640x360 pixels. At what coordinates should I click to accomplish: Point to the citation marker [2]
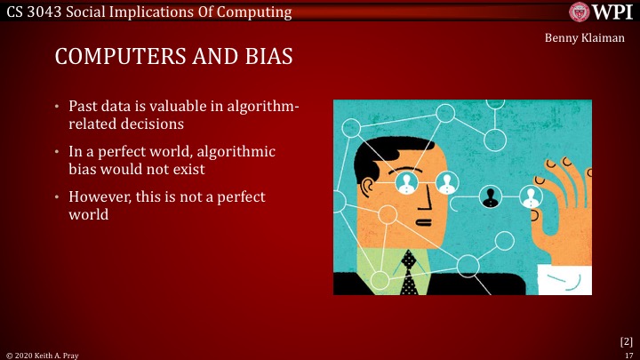pos(626,340)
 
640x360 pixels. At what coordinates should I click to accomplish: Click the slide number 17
pos(628,354)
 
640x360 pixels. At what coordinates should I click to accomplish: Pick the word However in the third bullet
pos(99,196)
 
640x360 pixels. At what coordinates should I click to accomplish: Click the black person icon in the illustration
pos(490,196)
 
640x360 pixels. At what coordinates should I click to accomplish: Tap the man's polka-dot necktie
pos(409,276)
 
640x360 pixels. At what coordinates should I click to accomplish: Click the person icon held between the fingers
pos(532,196)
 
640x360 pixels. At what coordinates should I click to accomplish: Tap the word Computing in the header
pos(258,12)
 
